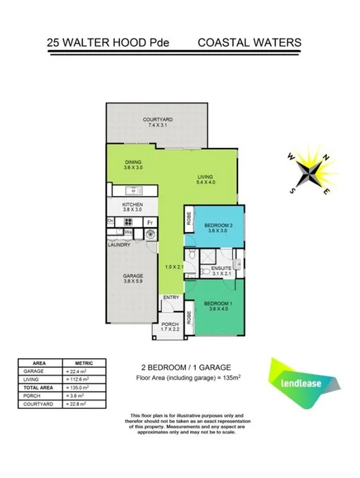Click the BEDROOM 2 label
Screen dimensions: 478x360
tap(213, 226)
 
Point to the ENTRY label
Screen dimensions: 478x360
tap(171, 298)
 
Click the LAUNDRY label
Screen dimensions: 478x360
tap(119, 245)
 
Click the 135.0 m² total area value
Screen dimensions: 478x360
tap(77, 388)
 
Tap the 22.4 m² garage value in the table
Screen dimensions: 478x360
tap(76, 371)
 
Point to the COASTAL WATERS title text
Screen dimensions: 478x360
tap(249, 42)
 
